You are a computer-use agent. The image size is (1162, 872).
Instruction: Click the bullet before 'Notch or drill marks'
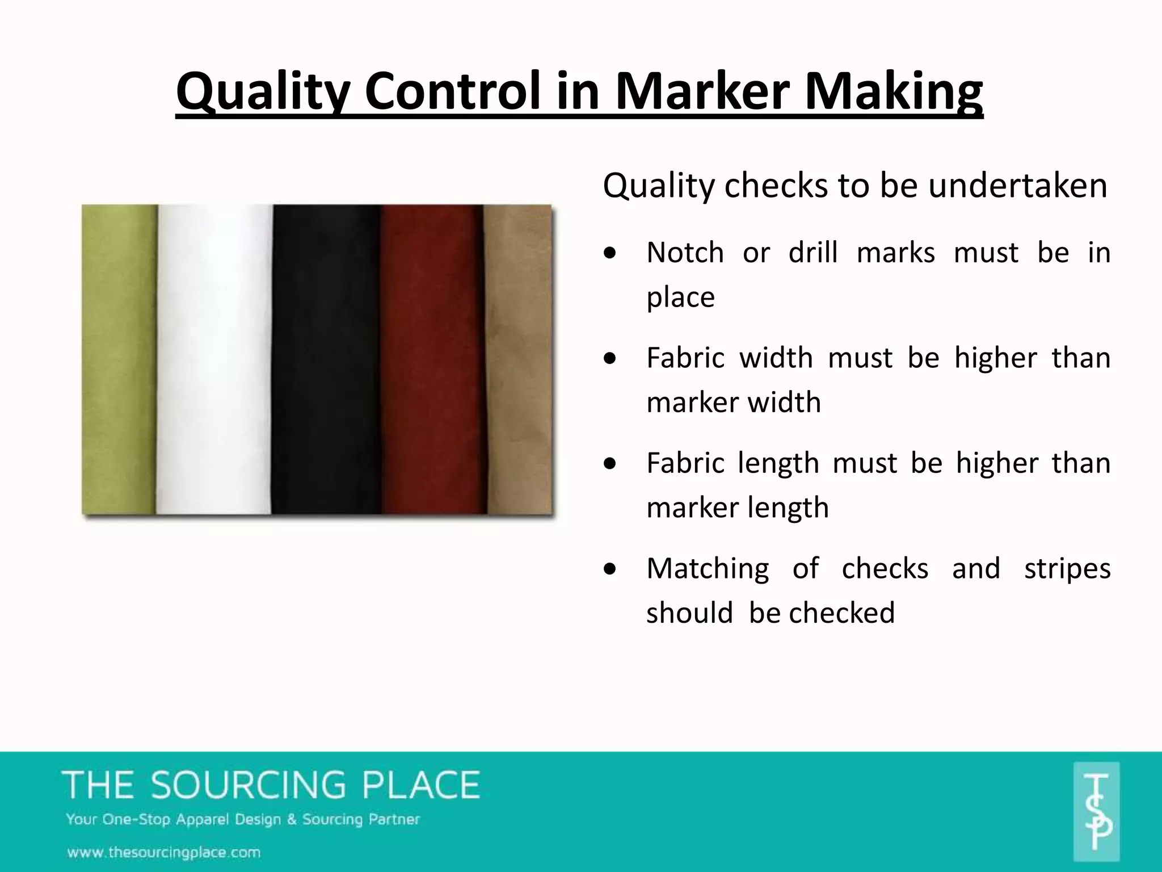(x=610, y=253)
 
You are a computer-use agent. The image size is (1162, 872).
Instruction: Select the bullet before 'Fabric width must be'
(x=610, y=359)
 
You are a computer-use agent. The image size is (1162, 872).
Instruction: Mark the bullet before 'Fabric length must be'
(x=610, y=464)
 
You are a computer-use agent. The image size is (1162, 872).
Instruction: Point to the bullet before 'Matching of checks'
(x=610, y=569)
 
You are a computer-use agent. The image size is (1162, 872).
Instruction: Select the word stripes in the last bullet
(x=1067, y=569)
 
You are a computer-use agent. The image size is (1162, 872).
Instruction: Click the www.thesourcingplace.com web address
(x=164, y=852)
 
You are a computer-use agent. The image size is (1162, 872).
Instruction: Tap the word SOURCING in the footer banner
(x=248, y=785)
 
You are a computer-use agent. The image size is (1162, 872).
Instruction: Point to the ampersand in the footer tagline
(x=292, y=819)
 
